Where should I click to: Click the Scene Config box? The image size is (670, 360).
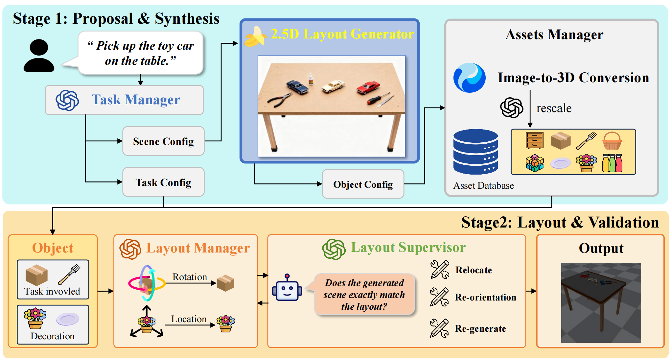pos(163,141)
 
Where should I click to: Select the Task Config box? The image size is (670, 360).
pos(163,182)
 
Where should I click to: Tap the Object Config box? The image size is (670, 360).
pos(363,184)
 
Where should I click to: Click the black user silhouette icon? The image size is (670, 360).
pos(39,56)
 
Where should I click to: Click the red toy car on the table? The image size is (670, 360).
pos(368,87)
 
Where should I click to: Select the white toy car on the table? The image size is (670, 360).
pos(333,86)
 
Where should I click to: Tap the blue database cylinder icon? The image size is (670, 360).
pos(475,152)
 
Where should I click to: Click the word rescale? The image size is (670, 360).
pos(554,108)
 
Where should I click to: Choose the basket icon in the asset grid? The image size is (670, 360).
pos(612,141)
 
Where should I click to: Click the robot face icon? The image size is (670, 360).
pos(287,288)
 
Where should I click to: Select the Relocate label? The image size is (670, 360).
pos(474,270)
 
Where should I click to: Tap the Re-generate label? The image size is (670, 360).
pos(480,328)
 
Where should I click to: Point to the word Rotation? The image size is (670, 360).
pos(190,277)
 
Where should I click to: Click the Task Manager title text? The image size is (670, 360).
pos(136,100)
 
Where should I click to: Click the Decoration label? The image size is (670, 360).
pos(53,336)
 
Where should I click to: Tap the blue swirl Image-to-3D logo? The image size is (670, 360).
pos(469,78)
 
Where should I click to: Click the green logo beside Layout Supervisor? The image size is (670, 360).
pos(334,249)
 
